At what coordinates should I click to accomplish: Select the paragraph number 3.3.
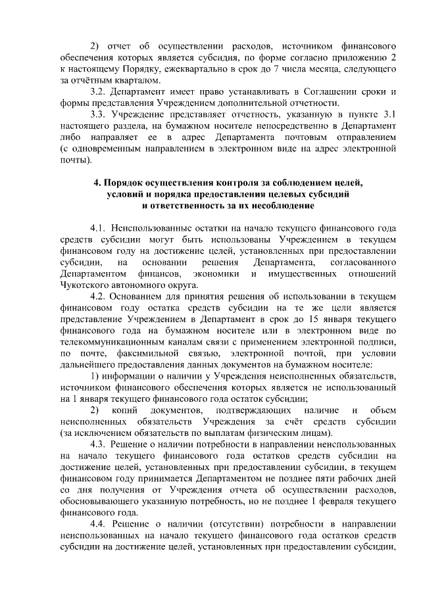click(x=99, y=114)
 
